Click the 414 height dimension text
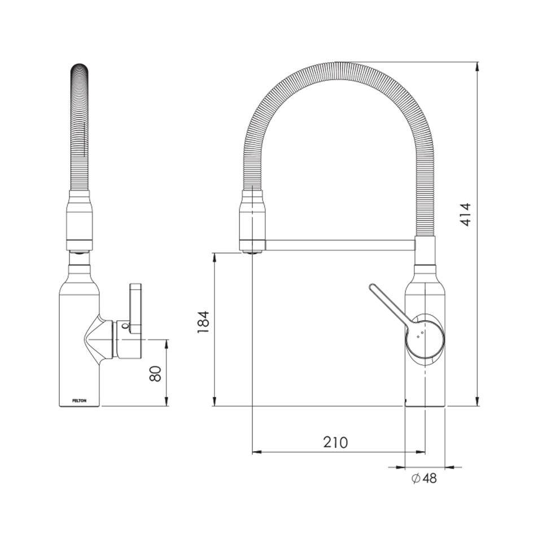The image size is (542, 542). [465, 215]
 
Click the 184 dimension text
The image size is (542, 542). [204, 322]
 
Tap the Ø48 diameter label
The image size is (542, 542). [424, 479]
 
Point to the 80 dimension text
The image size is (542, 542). [156, 373]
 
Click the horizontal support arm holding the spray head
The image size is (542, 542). [339, 246]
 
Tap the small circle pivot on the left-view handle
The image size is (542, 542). [125, 326]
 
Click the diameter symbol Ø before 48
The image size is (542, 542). [414, 479]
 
